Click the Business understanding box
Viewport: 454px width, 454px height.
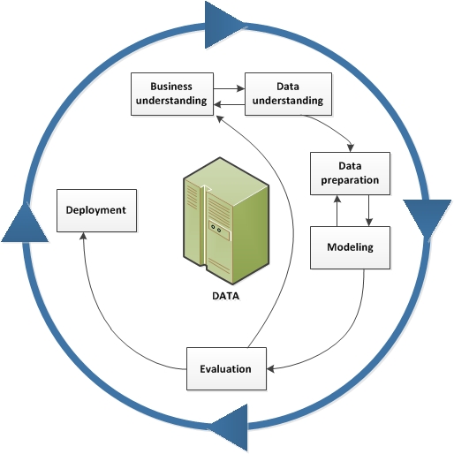pyautogui.click(x=171, y=94)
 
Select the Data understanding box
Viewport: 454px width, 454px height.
pyautogui.click(x=288, y=94)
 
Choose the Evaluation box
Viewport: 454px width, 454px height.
pyautogui.click(x=226, y=368)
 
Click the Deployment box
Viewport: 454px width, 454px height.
pyautogui.click(x=96, y=211)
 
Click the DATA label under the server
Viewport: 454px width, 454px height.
pyautogui.click(x=225, y=297)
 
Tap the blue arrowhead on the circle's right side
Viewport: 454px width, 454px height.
pyautogui.click(x=428, y=217)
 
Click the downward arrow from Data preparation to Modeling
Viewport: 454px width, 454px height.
pyautogui.click(x=367, y=210)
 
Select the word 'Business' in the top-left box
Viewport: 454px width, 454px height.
pyautogui.click(x=171, y=87)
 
